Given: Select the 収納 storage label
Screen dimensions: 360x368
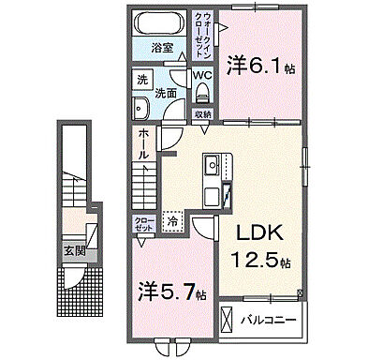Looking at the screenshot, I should point(202,114).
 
